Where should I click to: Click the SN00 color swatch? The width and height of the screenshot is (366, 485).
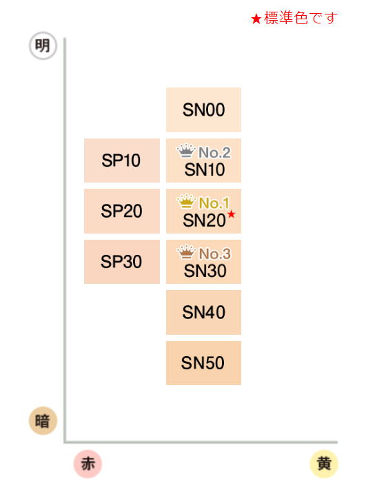[203, 110]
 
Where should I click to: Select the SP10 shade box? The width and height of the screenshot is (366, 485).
[122, 161]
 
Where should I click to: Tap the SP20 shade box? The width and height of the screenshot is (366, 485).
[122, 211]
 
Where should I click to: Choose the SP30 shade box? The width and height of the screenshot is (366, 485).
[122, 262]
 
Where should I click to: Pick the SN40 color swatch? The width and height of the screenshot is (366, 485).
[203, 312]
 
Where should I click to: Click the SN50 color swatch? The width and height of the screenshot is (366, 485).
[203, 363]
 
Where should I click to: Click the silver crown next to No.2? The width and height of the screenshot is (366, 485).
[186, 151]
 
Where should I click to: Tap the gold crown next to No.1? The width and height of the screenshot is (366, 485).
[186, 201]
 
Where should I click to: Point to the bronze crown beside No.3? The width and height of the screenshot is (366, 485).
[186, 252]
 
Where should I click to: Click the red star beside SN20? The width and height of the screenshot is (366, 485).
[232, 214]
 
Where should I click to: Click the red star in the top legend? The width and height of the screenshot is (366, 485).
[256, 19]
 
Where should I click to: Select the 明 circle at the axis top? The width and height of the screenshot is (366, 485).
[43, 45]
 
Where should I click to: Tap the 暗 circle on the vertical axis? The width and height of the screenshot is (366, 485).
[43, 421]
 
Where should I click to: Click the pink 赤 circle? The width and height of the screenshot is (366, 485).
[88, 464]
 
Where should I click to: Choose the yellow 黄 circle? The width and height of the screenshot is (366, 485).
[324, 464]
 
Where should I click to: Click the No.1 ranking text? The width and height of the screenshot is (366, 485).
[214, 203]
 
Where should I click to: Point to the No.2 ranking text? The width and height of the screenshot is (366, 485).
[214, 152]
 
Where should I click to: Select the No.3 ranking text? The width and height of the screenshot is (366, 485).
[215, 254]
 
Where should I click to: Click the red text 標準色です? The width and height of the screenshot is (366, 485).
[301, 18]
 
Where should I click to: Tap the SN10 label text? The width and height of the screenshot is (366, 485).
[205, 169]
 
